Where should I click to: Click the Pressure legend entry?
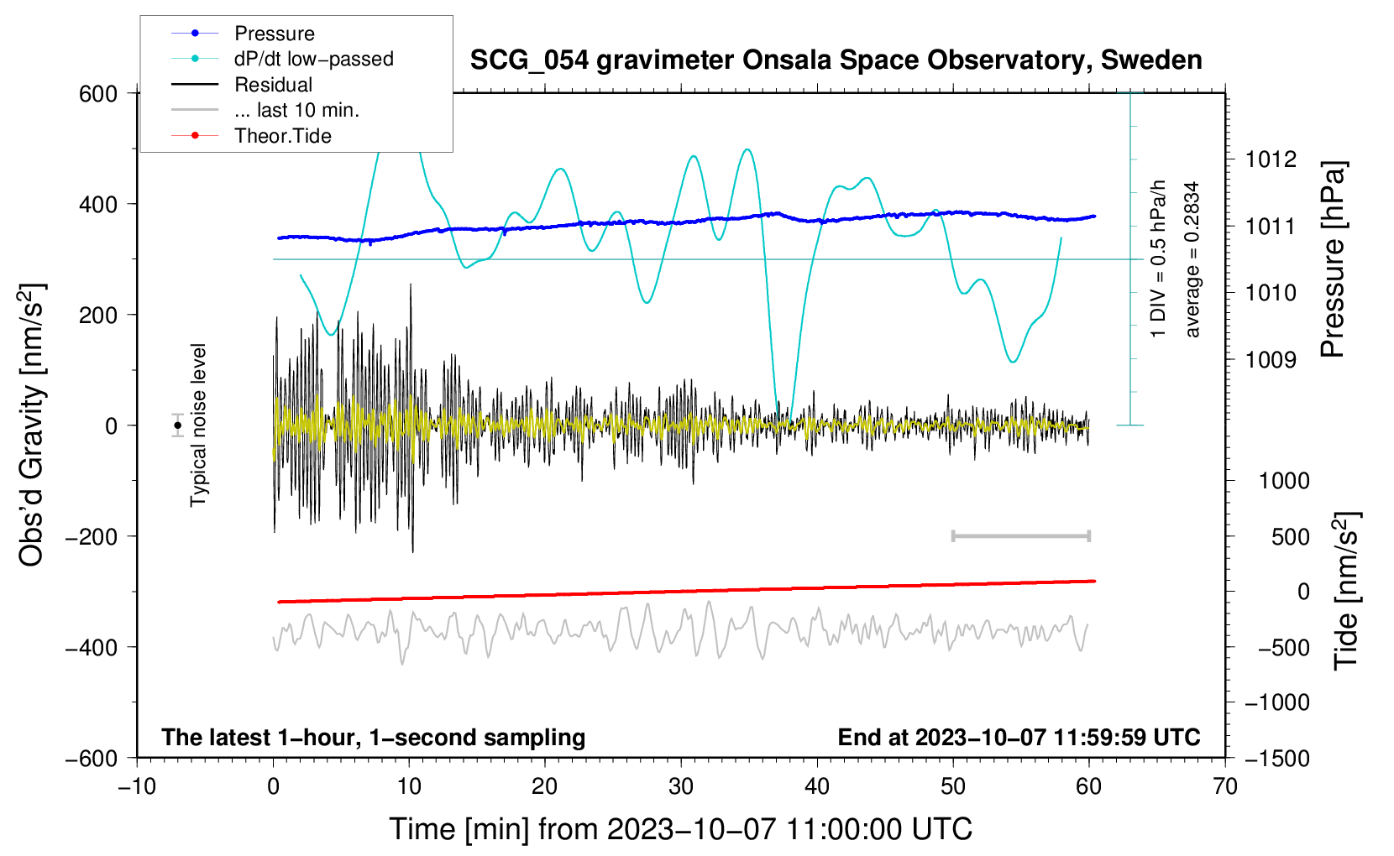(x=274, y=34)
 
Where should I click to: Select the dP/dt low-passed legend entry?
(x=313, y=59)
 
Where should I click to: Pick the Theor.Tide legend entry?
(x=282, y=136)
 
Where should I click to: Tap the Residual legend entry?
(x=273, y=85)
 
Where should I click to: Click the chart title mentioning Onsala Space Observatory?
(x=836, y=60)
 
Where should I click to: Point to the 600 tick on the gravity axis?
(x=98, y=93)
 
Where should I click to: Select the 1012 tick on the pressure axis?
(x=1271, y=159)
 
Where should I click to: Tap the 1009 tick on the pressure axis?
(x=1271, y=360)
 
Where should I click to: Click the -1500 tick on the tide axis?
(x=1276, y=758)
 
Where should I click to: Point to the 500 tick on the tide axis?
(x=1290, y=536)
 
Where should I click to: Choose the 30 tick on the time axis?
(x=681, y=786)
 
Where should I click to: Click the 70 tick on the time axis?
(x=1225, y=786)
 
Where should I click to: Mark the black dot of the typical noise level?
(x=178, y=425)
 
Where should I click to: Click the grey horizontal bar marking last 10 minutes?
(x=1020, y=535)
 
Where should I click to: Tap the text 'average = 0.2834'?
(x=1192, y=259)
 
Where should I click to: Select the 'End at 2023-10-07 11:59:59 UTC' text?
(x=1019, y=737)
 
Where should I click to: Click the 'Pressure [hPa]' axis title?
(x=1333, y=259)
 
